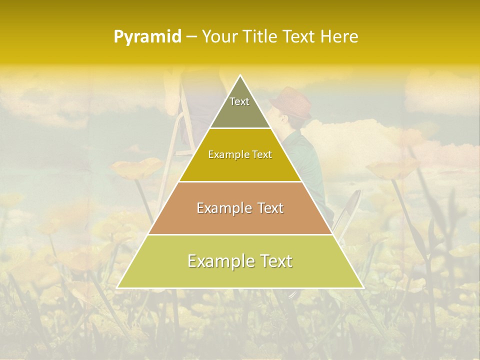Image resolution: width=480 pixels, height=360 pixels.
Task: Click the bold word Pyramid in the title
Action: coord(147,37)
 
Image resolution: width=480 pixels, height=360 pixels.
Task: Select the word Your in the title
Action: coord(219,37)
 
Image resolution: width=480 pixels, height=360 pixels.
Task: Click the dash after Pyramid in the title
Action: coord(191,37)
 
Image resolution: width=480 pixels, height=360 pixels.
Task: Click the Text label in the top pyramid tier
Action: coord(239,101)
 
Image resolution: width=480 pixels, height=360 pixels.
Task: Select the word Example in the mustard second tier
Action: coord(227,154)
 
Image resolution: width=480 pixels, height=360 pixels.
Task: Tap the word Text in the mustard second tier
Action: coord(261,154)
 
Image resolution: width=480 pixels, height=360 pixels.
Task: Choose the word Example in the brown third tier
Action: coord(223,208)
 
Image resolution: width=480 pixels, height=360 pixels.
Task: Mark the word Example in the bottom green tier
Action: coord(218,261)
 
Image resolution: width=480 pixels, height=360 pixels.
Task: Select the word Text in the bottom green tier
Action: coord(275,261)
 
